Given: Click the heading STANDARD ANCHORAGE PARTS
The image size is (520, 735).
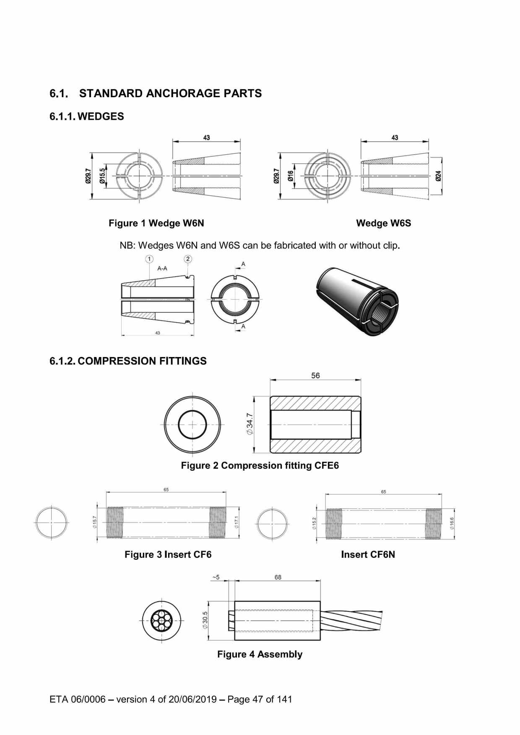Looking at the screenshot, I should click(x=170, y=93).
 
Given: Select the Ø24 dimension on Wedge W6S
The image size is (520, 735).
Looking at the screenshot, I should click(x=438, y=176).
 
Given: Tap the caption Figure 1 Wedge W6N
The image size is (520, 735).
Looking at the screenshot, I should click(x=156, y=223).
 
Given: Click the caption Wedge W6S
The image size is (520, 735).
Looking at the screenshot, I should click(x=383, y=223).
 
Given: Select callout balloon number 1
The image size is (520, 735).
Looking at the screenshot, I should click(x=150, y=259).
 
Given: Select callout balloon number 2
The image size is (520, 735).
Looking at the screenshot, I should click(x=188, y=259).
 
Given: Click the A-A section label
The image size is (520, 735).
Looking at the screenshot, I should click(x=162, y=268).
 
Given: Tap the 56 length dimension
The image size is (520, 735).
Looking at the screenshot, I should click(x=315, y=375).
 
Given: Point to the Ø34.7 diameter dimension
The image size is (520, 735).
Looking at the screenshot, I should click(x=250, y=424).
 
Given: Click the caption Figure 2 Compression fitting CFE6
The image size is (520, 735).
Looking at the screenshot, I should click(x=260, y=466).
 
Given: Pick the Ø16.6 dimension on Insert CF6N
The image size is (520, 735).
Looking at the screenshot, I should click(x=452, y=523).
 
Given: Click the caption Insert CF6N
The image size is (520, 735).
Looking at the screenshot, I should click(x=368, y=555).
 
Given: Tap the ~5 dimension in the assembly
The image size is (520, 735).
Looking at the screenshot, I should click(x=216, y=577).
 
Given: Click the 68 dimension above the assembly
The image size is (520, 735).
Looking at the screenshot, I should click(x=278, y=577).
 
